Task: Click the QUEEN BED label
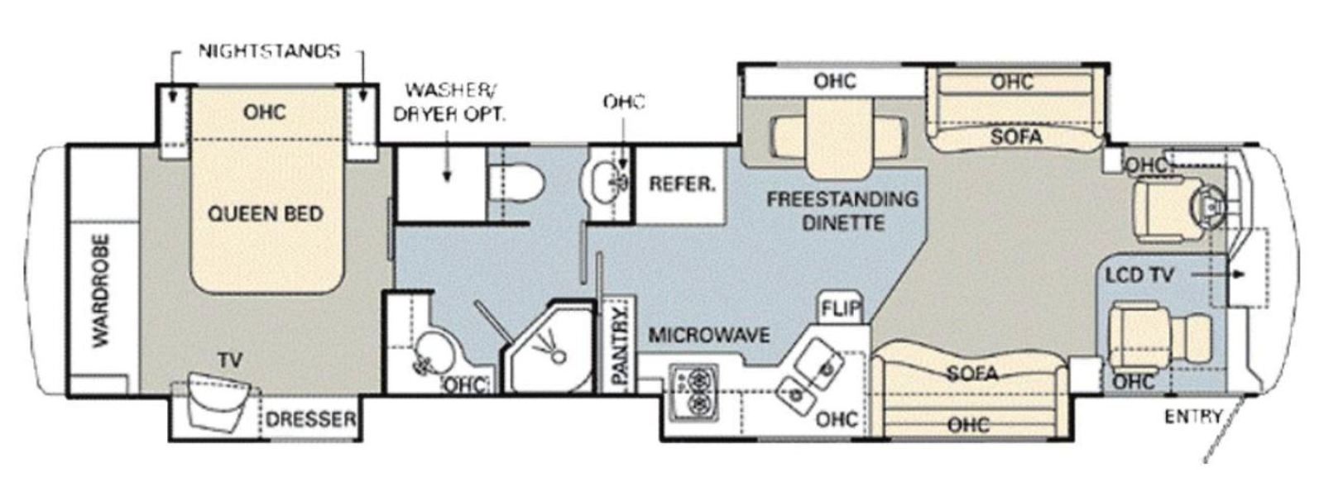point(266,213)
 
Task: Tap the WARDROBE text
point(101,291)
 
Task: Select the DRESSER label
point(311,420)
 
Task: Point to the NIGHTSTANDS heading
point(269,51)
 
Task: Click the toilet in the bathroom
point(517,182)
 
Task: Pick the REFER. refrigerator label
point(682,184)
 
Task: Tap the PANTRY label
point(620,346)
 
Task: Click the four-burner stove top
point(694,393)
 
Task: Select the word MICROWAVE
point(709,336)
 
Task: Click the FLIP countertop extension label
point(841,308)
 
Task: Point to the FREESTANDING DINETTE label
point(843,211)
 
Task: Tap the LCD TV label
point(1139,275)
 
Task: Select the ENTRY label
point(1193,417)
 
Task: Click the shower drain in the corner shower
point(558,356)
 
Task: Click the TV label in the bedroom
point(230,360)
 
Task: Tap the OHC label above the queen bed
point(264,112)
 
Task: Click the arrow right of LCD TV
point(1218,274)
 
